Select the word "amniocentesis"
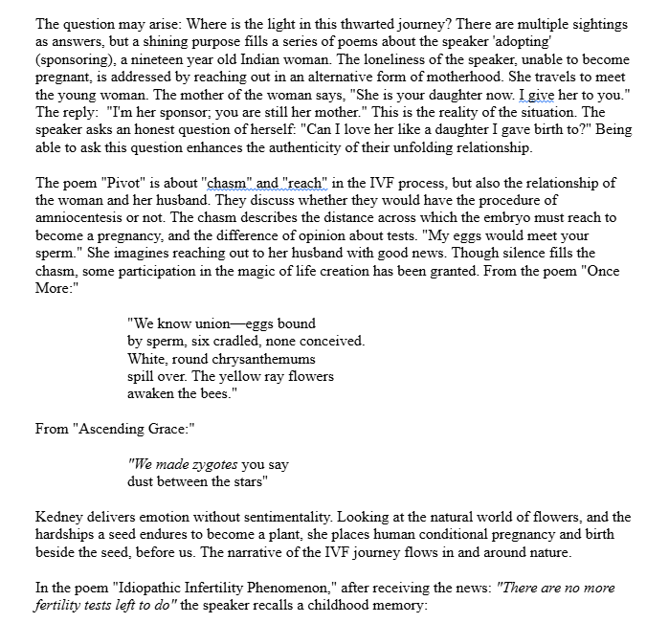click(x=79, y=218)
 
